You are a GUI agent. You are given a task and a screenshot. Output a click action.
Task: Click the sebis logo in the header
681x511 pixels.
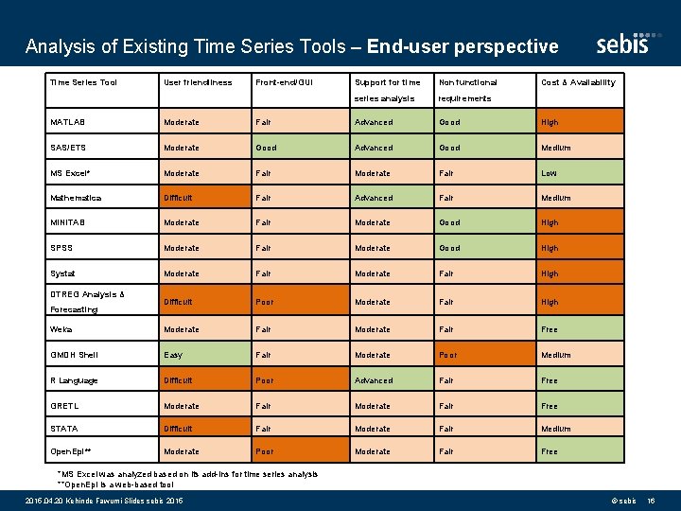[623, 44]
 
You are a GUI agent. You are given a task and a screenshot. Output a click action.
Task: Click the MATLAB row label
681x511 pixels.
[65, 122]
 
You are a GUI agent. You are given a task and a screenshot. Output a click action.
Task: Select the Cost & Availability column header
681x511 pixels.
[578, 82]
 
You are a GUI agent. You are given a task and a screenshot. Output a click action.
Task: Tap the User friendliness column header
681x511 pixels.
[198, 82]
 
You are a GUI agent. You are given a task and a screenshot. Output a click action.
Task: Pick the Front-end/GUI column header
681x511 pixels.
[285, 82]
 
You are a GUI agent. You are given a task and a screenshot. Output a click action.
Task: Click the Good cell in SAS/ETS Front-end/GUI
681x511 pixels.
[267, 148]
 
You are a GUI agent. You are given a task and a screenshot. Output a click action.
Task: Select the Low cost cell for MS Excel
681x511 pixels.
[549, 173]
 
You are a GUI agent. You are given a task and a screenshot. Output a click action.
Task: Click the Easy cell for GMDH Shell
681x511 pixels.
[173, 355]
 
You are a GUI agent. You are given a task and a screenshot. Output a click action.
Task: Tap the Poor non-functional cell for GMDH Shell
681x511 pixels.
[448, 355]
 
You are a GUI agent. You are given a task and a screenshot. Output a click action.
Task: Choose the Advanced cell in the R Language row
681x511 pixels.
[374, 380]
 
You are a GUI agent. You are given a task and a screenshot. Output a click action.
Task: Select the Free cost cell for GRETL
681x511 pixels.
[550, 406]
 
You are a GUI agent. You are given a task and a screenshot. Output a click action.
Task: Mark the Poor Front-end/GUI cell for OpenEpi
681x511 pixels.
[266, 451]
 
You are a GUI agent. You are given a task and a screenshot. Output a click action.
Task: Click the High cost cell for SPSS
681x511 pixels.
[550, 249]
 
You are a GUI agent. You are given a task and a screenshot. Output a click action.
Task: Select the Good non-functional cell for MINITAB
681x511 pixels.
[449, 223]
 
